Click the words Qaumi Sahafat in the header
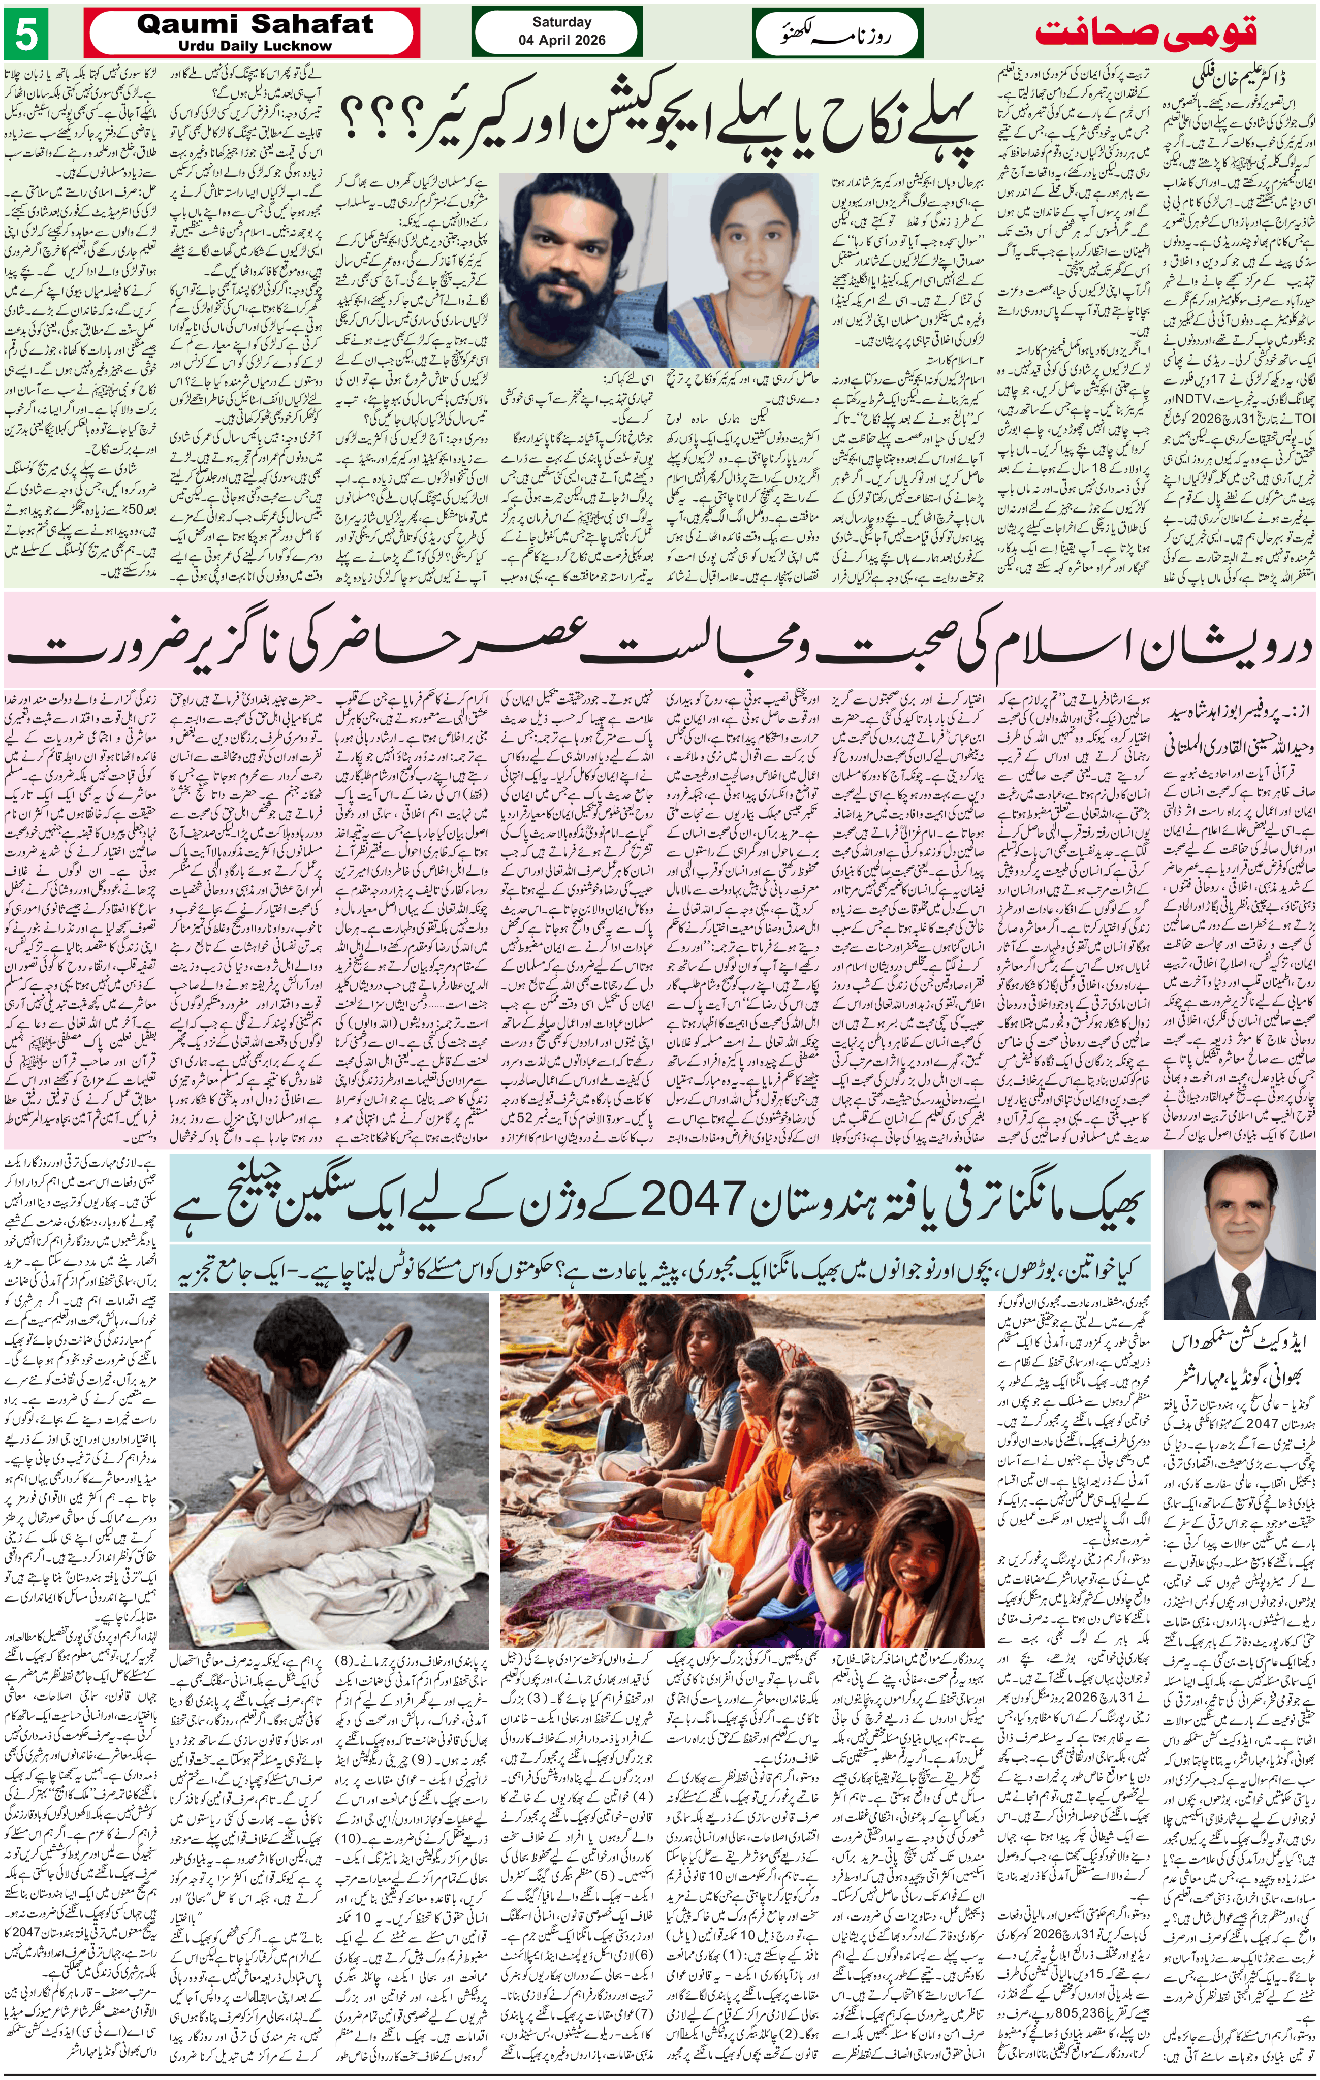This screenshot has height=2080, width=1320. [x=255, y=24]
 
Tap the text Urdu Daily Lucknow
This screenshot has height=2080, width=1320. [x=256, y=46]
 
